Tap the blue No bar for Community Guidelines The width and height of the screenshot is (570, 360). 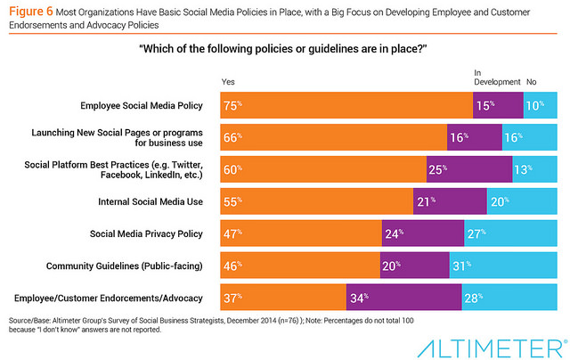coord(503,266)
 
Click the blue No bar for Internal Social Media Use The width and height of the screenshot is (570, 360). coord(522,202)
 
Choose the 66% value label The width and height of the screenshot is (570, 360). coord(231,138)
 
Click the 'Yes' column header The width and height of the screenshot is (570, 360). coord(228,82)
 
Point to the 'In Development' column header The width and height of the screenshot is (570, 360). coord(496,78)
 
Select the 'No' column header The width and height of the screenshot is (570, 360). coord(531,82)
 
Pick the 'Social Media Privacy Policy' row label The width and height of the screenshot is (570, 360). coord(148,233)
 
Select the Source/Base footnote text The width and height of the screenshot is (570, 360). coord(178,324)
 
